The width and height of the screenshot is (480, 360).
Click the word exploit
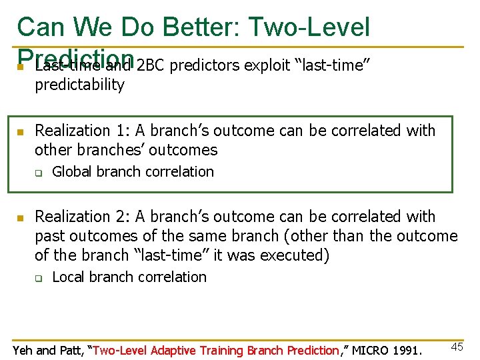tap(267, 65)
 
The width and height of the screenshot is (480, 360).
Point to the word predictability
tap(79, 85)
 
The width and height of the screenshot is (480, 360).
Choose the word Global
tap(73, 171)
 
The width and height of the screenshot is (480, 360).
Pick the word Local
tap(70, 277)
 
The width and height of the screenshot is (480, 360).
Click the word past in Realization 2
tap(51, 236)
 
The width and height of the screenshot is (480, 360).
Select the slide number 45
tap(457, 347)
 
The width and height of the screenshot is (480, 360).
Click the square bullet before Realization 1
tap(20, 131)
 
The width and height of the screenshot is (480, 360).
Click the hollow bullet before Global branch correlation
tap(39, 173)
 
